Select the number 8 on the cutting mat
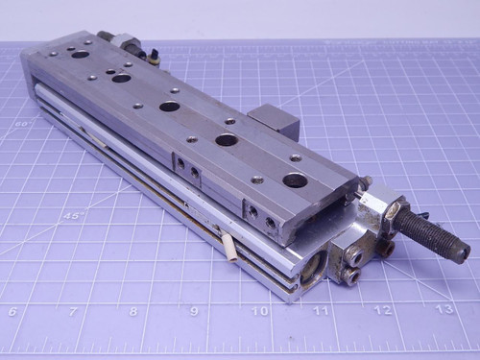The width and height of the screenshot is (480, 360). (x=133, y=311)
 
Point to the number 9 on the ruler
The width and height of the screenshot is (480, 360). (x=194, y=311)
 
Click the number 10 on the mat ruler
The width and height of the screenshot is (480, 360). (x=258, y=311)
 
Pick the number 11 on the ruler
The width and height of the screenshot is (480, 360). (x=321, y=311)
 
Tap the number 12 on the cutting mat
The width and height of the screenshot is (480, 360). (x=382, y=310)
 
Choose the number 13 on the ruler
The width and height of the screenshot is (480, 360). (x=444, y=309)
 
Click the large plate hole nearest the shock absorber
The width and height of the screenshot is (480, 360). (x=295, y=180)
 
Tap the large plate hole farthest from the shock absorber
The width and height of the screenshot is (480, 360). (x=81, y=55)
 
